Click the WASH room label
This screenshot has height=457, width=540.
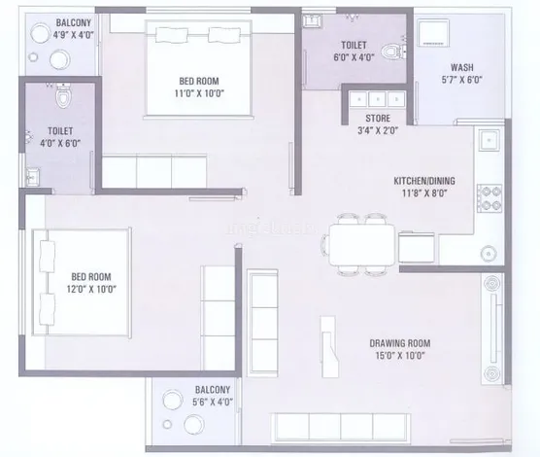(462, 67)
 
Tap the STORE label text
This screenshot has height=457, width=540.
(378, 119)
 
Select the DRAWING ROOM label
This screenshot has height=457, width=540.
(400, 343)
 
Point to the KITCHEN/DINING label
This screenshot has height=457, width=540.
(424, 181)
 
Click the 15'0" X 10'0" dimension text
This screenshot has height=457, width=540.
(400, 355)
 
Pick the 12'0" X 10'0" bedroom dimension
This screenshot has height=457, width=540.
(91, 289)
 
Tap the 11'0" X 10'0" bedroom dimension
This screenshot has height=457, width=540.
(199, 93)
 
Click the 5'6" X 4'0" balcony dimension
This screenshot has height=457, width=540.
(213, 402)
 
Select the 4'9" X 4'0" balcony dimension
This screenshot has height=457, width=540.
(74, 35)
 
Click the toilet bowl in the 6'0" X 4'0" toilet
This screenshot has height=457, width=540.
(392, 52)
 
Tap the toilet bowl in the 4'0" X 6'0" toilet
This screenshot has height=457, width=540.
(63, 94)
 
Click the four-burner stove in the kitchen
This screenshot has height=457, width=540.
(489, 198)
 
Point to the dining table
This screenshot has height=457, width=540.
(362, 244)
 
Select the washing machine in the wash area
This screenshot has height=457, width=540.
(433, 33)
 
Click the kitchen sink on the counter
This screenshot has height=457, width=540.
(489, 140)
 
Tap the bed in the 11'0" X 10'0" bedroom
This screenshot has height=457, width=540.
(198, 68)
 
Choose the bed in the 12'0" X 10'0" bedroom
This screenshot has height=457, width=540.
(82, 282)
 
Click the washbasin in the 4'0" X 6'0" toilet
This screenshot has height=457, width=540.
(33, 176)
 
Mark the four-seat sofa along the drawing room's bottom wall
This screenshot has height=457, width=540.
(341, 427)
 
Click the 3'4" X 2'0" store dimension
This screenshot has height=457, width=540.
(378, 130)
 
